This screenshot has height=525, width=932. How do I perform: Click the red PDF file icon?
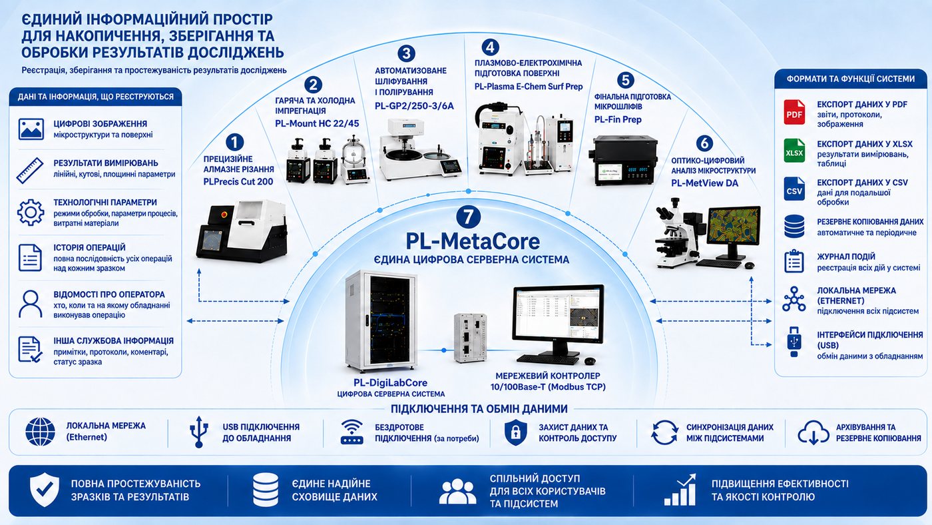[794, 112]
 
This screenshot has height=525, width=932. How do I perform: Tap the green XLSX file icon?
[794, 151]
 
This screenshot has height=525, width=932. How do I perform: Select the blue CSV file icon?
[794, 189]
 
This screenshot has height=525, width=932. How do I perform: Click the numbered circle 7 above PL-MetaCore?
[468, 217]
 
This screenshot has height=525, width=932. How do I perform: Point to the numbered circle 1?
[234, 143]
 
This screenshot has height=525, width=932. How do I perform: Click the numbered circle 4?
[490, 47]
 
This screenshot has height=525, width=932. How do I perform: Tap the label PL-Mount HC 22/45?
[317, 124]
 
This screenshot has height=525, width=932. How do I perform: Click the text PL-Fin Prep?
[618, 119]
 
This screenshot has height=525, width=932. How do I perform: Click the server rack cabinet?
[381, 320]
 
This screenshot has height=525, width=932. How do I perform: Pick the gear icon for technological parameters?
[31, 213]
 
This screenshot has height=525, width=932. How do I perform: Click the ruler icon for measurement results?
[30, 171]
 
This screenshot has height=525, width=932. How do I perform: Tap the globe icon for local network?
[40, 432]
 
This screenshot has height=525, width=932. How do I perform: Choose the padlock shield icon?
[515, 432]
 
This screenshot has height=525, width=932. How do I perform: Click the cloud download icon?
[813, 432]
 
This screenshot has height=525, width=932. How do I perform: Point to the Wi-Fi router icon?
[352, 432]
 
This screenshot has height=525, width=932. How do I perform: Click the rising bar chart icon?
[680, 490]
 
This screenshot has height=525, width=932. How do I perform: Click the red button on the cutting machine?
[225, 215]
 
